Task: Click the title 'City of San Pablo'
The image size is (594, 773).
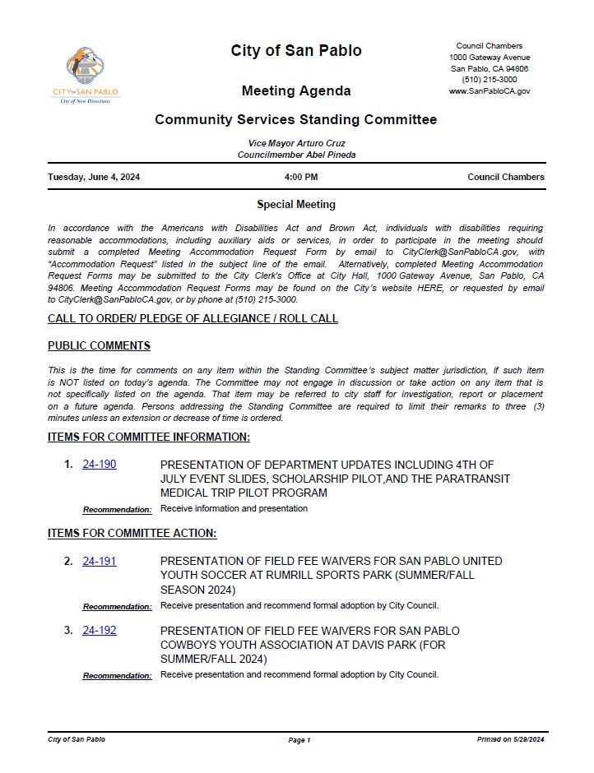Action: coord(296,51)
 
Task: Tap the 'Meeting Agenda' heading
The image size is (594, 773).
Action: coord(296,90)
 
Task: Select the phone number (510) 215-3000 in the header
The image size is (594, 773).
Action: coord(490,80)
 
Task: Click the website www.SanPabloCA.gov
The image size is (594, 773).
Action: coord(490,91)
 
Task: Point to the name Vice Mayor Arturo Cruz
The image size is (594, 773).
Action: coord(296,143)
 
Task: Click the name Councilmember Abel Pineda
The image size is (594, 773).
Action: coord(296,155)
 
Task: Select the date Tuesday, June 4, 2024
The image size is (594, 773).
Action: coord(94,177)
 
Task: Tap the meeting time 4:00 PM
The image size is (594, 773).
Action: coord(301,177)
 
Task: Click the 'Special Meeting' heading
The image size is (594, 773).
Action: coord(296,205)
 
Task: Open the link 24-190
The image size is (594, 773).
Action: coord(99,465)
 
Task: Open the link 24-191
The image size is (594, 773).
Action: coord(99,561)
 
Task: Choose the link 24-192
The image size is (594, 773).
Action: coord(99,631)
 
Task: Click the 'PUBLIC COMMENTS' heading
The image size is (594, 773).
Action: coord(99,345)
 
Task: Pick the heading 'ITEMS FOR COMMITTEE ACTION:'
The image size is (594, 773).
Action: coord(132,534)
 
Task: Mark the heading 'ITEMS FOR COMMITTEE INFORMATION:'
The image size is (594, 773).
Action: coord(149,437)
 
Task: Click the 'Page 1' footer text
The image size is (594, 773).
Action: coord(299,740)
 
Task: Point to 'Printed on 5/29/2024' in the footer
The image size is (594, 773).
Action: coord(510,740)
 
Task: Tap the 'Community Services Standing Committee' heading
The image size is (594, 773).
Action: coord(296,120)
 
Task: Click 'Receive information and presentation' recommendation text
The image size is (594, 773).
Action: coord(234,508)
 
